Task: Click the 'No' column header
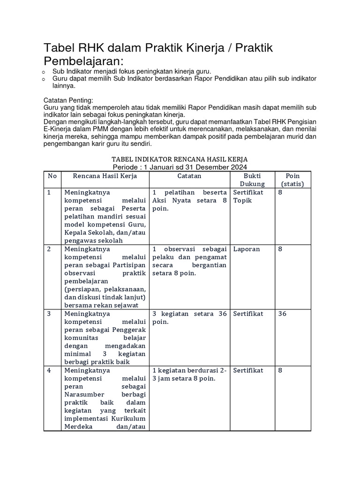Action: click(52, 176)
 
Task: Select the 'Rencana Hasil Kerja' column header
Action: click(105, 176)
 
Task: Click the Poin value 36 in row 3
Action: click(282, 314)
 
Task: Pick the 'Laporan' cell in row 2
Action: click(246, 249)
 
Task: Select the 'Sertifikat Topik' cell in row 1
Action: click(248, 196)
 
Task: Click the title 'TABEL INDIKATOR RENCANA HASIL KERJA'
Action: click(180, 159)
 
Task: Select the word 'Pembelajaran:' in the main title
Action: click(84, 61)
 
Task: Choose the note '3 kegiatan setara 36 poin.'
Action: click(189, 318)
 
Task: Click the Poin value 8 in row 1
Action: click(280, 192)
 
